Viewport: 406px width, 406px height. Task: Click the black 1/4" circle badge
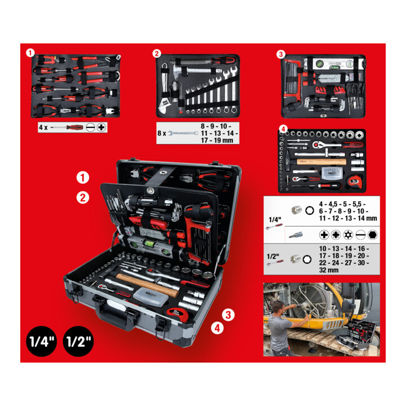41,341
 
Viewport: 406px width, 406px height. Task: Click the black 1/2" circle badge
78,341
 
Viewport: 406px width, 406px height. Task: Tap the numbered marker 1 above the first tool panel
30,53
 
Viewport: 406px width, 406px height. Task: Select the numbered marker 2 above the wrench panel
156,54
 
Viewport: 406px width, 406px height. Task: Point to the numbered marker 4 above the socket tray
283,129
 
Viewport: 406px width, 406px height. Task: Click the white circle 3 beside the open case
228,315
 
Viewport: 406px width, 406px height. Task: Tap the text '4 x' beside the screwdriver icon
43,127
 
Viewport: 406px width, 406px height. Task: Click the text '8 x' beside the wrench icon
162,133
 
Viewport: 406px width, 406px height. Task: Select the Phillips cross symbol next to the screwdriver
101,127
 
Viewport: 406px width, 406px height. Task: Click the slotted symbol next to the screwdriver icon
90,127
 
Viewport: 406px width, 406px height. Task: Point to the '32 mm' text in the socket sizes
329,270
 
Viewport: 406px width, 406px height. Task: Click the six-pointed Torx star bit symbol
348,235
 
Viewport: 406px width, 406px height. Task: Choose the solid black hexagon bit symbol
372,235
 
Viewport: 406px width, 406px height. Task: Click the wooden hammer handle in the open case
147,285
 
